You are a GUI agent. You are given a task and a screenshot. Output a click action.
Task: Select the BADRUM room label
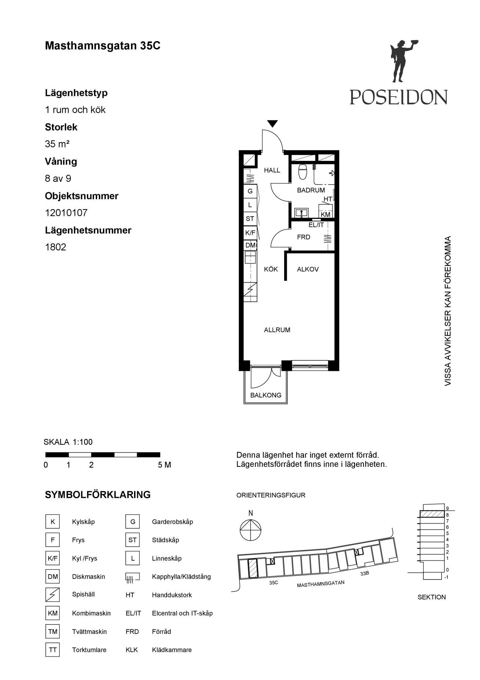(311, 190)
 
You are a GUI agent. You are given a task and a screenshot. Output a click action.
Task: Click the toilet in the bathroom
(302, 172)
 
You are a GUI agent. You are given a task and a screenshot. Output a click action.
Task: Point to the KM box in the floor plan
(326, 215)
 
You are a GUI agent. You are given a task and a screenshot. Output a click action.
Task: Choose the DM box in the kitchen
(251, 245)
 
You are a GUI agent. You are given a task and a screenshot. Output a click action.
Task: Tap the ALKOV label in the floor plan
(308, 269)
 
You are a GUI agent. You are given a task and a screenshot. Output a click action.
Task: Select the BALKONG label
(266, 395)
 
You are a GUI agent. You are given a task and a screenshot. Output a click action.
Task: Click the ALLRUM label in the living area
(277, 330)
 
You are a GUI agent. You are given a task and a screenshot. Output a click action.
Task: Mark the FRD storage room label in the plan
(303, 237)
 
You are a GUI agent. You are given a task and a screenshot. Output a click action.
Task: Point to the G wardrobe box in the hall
(250, 191)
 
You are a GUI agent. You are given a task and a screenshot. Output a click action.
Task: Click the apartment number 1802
(55, 247)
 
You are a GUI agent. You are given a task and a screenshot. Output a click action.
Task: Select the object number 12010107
(66, 213)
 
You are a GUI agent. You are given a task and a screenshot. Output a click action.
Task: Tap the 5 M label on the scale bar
(164, 465)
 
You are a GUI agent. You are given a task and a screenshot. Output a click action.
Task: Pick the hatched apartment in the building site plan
(253, 568)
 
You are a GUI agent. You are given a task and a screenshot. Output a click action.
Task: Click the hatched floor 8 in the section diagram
(432, 514)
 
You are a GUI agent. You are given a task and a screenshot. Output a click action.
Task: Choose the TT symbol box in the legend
(53, 650)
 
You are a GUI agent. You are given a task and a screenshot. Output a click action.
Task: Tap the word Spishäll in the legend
(83, 594)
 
